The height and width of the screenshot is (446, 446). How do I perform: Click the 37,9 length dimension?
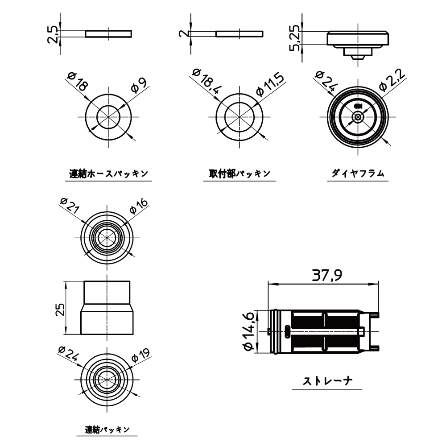327,275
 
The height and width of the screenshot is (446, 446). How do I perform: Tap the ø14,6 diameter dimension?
248,331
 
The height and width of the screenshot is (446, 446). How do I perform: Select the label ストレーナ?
327,381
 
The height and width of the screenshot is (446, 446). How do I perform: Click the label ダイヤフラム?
358,173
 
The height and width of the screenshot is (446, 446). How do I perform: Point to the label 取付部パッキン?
240,173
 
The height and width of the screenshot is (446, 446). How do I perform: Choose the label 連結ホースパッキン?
109,173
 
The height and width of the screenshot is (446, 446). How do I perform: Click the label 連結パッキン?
107,429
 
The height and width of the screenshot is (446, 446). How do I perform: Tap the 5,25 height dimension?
295,38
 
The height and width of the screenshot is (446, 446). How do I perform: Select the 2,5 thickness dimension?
53,34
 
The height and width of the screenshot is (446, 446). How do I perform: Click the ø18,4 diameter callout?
206,81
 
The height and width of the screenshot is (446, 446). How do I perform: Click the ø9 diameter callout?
139,85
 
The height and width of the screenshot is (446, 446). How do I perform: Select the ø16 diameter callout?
139,206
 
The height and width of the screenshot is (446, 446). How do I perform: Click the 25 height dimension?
60,310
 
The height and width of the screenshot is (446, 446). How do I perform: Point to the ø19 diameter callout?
140,355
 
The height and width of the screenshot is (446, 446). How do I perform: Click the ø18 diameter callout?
77,81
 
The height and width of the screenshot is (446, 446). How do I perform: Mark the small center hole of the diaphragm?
358,117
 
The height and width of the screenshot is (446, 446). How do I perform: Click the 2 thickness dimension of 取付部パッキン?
184,33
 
